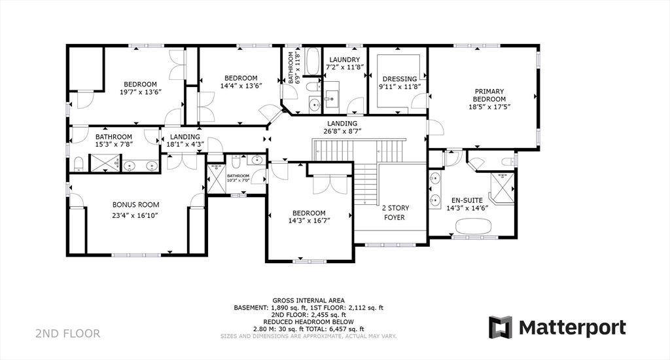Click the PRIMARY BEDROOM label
(x=489, y=95)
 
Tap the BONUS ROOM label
(x=135, y=205)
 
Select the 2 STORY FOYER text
(x=394, y=213)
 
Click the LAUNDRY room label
(x=344, y=60)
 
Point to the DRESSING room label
(x=399, y=79)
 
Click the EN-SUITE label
(x=468, y=200)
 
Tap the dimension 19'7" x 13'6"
(x=141, y=92)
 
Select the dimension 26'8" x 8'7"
(x=342, y=131)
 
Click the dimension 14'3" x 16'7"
(x=309, y=221)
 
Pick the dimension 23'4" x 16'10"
(x=135, y=215)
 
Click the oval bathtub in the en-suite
(x=474, y=226)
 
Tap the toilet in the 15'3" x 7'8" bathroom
(x=78, y=164)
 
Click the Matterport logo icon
(x=501, y=327)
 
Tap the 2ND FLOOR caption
(x=67, y=334)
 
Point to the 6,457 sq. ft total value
(x=345, y=329)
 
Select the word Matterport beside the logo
(x=573, y=327)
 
